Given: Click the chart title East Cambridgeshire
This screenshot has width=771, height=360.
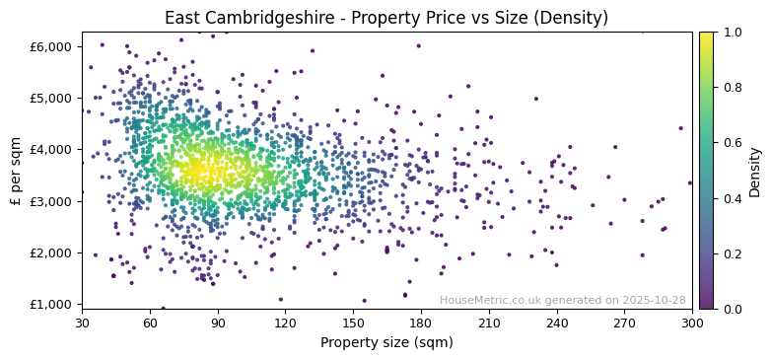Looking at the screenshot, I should click(385, 18).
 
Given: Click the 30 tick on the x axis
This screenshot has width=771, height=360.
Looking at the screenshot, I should click(82, 323).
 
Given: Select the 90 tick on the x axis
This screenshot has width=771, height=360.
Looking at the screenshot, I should click(218, 323).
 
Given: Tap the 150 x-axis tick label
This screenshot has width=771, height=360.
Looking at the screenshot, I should click(353, 323).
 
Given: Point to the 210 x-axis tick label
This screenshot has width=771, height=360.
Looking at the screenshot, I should click(489, 323).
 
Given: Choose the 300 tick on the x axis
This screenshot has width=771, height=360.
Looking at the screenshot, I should click(692, 323).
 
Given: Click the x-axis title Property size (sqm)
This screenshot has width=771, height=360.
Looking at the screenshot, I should click(385, 343).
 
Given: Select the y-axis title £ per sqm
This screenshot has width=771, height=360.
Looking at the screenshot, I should click(16, 171).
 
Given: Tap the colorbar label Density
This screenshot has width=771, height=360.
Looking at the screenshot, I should click(754, 171).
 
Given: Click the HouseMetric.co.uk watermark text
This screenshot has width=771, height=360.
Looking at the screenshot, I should click(562, 300).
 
